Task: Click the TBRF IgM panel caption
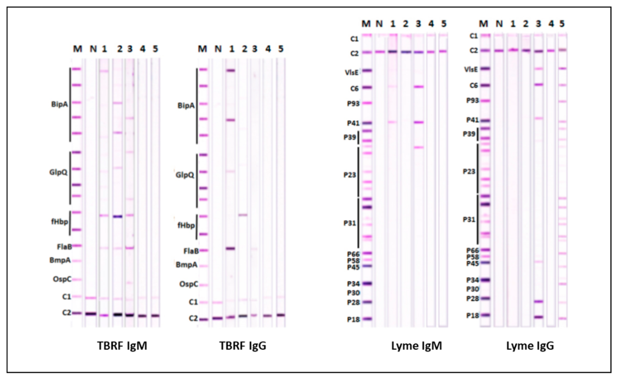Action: (122, 346)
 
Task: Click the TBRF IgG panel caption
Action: (243, 346)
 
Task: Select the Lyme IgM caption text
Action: (417, 346)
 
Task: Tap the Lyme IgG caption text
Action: (530, 346)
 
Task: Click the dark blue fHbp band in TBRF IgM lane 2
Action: (117, 217)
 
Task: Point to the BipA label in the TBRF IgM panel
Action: (59, 104)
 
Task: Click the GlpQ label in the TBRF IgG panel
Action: (185, 175)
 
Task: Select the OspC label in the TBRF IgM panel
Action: (62, 279)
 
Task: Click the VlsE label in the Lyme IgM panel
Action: (351, 73)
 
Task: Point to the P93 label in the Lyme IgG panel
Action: (472, 101)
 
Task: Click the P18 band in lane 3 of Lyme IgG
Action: (538, 317)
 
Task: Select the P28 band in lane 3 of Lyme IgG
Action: (538, 301)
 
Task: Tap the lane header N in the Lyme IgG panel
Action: (499, 24)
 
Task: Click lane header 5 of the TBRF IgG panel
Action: (281, 49)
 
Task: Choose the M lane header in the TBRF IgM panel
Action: (77, 49)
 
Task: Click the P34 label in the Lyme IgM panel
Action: (353, 284)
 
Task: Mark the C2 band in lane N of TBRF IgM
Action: (91, 314)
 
